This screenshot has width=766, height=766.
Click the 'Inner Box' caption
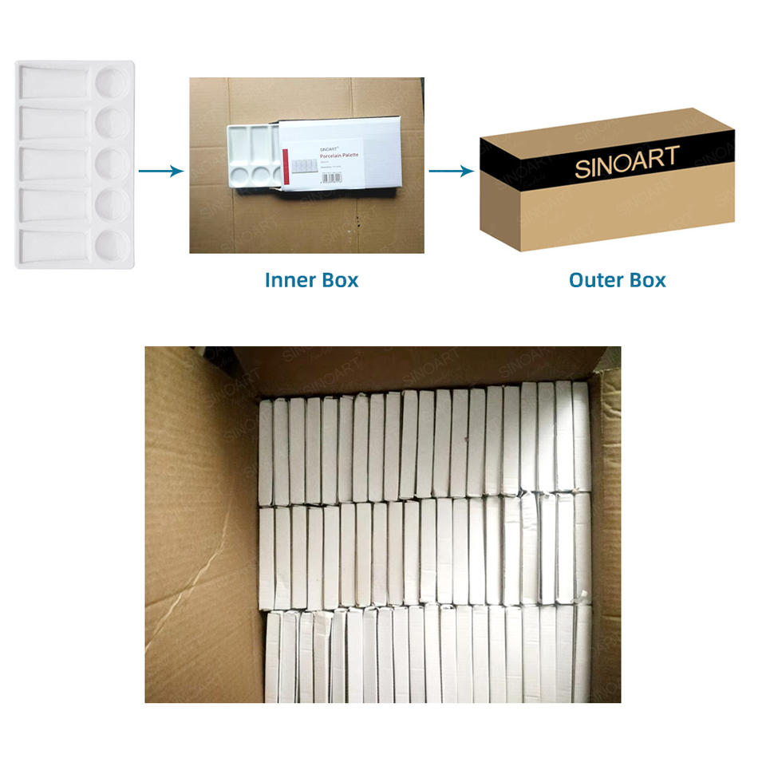coord(311,280)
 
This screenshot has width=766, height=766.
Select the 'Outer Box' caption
coord(617,280)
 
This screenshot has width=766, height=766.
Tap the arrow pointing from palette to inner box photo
coord(161,171)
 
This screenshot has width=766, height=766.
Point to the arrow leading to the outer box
coord(450,171)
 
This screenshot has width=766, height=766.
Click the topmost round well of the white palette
coord(112,81)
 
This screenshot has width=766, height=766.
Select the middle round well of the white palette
coord(112,164)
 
